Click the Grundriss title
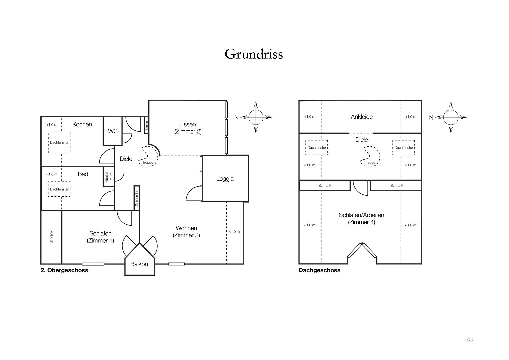254,54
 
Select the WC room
113,131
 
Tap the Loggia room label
225,179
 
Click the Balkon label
139,264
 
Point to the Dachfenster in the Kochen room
59,142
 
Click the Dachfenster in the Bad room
59,189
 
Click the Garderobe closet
137,198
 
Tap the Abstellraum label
109,176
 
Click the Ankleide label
362,117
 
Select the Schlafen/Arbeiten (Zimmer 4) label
361,219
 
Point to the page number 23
469,339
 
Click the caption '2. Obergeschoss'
64,270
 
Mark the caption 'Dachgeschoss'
319,270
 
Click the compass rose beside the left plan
256,117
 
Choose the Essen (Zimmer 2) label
188,128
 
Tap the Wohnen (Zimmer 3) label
186,232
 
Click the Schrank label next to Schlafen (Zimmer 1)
51,237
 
